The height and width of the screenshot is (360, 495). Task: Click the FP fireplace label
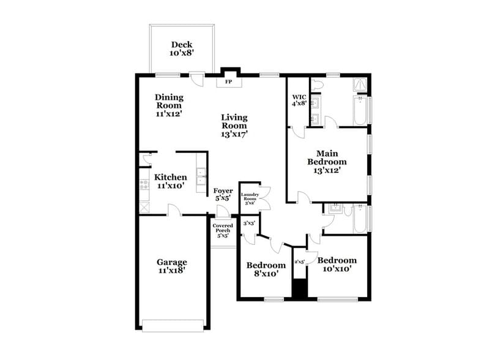pos(229,81)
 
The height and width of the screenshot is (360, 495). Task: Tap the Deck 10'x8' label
pos(181,48)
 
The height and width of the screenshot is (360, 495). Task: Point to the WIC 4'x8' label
pos(299,100)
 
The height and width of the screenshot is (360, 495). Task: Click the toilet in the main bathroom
pos(318,85)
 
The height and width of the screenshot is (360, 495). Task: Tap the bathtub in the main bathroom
pos(361,111)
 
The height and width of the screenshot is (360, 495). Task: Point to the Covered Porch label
pos(222,230)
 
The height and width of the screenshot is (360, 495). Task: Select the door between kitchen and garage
pos(174,211)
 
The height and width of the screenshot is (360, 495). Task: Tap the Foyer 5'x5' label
pos(223,195)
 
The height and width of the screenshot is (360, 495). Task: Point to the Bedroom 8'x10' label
pos(266,269)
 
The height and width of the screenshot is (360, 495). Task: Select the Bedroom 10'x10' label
pos(337,264)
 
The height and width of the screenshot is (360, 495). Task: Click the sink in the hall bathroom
pos(334,209)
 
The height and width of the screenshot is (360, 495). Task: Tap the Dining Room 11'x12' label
pos(169,105)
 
